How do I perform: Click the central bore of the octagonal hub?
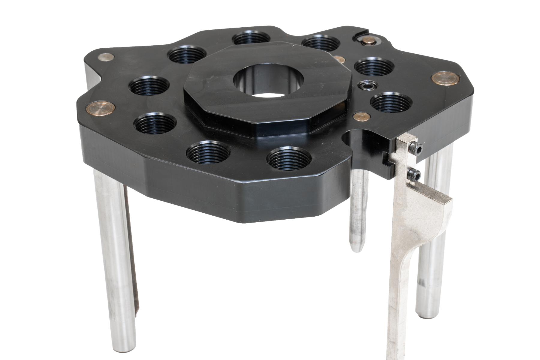pos(269,82)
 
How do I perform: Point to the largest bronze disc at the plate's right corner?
pos(445,78)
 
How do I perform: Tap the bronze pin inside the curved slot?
pos(369,41)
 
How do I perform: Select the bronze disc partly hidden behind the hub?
pos(339,58)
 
